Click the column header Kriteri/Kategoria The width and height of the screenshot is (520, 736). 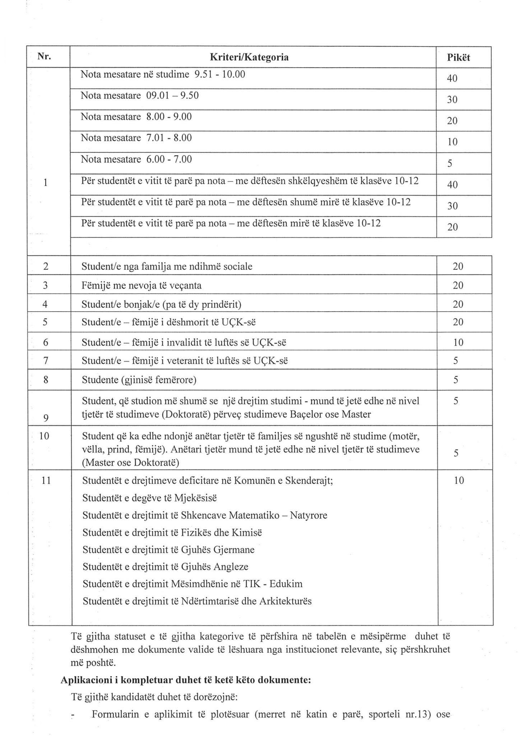point(249,57)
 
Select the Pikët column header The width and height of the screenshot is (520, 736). point(458,57)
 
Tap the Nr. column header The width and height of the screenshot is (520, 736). point(45,56)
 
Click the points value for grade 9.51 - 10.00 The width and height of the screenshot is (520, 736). point(452,78)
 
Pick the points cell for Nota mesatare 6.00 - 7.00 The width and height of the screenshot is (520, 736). point(450,164)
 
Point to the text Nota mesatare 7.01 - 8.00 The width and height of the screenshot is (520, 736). point(136,138)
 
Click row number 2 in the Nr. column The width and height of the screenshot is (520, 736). point(46,266)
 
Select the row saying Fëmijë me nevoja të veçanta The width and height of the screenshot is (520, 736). point(141,286)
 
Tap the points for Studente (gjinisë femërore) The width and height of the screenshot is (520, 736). point(455,380)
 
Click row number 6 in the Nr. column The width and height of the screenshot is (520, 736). point(46,342)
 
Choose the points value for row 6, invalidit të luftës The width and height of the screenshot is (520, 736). point(458,342)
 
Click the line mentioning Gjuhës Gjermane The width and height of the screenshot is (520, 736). point(168,550)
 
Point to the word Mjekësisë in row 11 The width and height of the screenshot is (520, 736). point(195,498)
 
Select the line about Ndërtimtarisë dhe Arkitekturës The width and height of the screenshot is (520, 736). point(197,601)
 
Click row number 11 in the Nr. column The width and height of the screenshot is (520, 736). point(46,480)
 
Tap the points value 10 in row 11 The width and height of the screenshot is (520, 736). point(459,480)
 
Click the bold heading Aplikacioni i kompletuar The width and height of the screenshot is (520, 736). point(185,680)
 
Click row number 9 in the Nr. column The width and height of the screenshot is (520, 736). point(46,418)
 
